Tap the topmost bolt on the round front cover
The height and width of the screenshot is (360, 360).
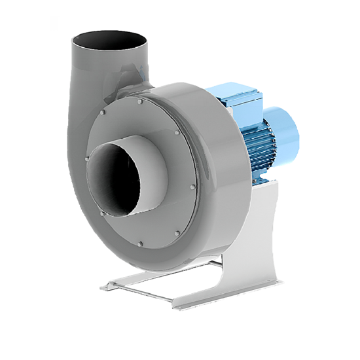tap(140, 102)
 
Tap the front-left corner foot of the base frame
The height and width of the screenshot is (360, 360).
tap(105, 286)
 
